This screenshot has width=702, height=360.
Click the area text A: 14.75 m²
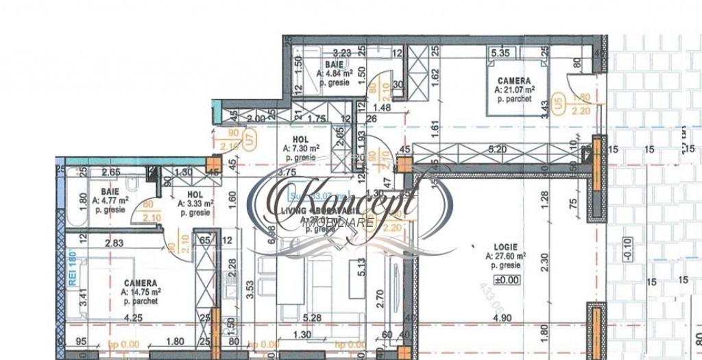tap(141, 291)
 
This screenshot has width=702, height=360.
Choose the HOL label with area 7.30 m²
tap(294, 138)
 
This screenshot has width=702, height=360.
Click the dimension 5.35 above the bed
tap(498, 51)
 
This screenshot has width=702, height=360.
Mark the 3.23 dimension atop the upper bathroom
tap(341, 51)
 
